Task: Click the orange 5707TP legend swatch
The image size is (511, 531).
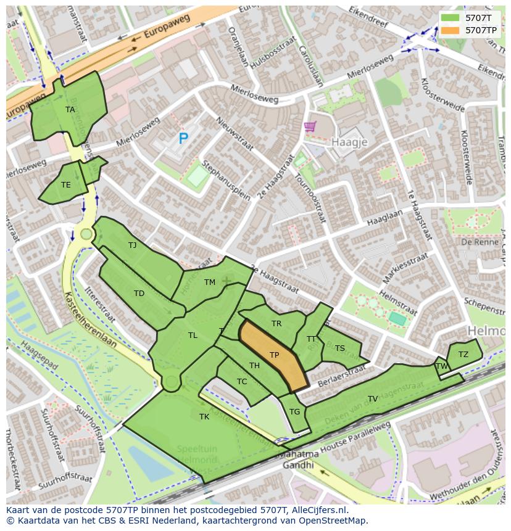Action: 451,30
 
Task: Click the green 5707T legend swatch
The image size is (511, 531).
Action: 451,18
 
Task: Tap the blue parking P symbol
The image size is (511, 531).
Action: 183,139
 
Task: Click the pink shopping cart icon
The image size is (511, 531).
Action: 310,126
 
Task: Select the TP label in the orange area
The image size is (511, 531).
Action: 274,355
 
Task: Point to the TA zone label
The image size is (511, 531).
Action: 70,110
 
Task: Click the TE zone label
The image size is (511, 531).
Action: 65,184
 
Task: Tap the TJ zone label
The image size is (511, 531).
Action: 132,245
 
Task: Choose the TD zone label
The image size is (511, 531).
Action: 139,294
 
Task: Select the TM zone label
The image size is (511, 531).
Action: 209,282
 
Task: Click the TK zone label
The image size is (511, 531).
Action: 204,417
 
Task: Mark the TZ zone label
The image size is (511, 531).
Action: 463,354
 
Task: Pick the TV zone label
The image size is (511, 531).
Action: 373,399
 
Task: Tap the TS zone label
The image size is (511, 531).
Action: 339,348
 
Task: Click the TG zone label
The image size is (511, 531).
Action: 294,412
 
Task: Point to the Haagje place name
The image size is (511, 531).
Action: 349,142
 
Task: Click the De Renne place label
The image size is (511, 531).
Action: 475,242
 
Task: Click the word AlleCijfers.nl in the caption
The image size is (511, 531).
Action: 319,510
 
